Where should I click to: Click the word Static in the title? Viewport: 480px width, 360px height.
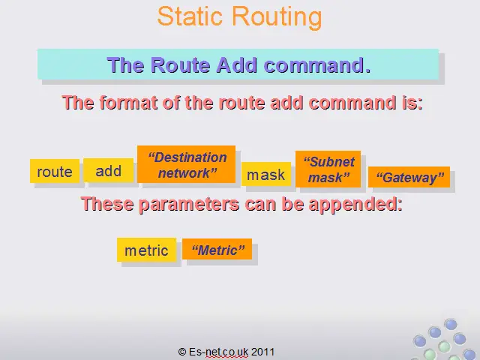pyautogui.click(x=190, y=16)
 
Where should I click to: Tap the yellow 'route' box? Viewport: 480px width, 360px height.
pyautogui.click(x=55, y=171)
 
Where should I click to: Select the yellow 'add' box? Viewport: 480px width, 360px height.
pyautogui.click(x=108, y=170)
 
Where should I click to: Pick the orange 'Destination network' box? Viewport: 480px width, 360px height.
pyautogui.click(x=187, y=164)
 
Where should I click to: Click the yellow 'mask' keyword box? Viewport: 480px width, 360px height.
pyautogui.click(x=266, y=174)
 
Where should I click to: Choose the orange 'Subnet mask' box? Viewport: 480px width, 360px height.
pyautogui.click(x=328, y=169)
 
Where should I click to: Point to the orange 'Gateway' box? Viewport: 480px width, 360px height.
pyautogui.click(x=409, y=177)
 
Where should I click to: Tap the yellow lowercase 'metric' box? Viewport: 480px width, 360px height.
pyautogui.click(x=147, y=250)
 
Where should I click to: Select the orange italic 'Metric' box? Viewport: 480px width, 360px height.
pyautogui.click(x=217, y=249)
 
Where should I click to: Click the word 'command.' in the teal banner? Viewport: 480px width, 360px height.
pyautogui.click(x=317, y=65)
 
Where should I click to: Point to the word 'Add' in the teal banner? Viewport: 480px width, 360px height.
pyautogui.click(x=237, y=65)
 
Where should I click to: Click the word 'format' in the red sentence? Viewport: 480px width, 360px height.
pyautogui.click(x=128, y=102)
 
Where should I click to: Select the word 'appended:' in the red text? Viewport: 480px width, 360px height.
pyautogui.click(x=355, y=204)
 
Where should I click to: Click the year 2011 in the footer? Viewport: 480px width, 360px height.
pyautogui.click(x=262, y=352)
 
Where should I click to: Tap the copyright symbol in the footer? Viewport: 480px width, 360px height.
pyautogui.click(x=181, y=352)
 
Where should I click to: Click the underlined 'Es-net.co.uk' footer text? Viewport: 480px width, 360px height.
pyautogui.click(x=218, y=352)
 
